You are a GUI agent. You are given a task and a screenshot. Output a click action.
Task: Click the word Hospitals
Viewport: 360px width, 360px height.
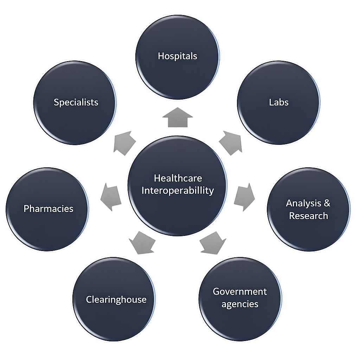tap(177, 56)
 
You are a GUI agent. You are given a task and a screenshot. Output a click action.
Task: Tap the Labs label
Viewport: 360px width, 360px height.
tap(279, 102)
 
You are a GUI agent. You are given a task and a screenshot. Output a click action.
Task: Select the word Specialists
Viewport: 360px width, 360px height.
tap(76, 102)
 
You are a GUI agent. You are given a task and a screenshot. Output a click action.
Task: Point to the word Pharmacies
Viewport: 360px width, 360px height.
tap(49, 208)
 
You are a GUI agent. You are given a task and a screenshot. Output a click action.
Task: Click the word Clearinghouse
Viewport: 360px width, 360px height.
tap(116, 300)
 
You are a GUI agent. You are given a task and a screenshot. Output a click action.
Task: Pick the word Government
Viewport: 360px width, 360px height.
tap(240, 291)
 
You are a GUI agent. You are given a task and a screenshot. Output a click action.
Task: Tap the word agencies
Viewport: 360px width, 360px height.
tap(240, 304)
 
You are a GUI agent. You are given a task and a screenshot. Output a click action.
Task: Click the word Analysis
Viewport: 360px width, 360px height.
tap(303, 203)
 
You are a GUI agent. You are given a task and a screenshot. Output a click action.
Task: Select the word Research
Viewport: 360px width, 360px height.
tap(308, 216)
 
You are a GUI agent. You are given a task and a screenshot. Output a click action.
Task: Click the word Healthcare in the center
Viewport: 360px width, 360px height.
tap(178, 178)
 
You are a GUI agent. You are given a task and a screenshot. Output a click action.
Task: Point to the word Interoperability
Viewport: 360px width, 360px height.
tap(178, 191)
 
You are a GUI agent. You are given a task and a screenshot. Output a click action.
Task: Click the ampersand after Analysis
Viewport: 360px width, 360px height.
tap(327, 203)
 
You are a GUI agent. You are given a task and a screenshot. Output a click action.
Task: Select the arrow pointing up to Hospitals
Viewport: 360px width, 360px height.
tap(178, 118)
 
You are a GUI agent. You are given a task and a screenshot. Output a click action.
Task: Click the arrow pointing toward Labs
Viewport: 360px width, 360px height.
tap(230, 142)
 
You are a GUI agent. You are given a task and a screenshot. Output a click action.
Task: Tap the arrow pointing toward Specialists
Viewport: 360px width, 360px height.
tap(124, 143)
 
